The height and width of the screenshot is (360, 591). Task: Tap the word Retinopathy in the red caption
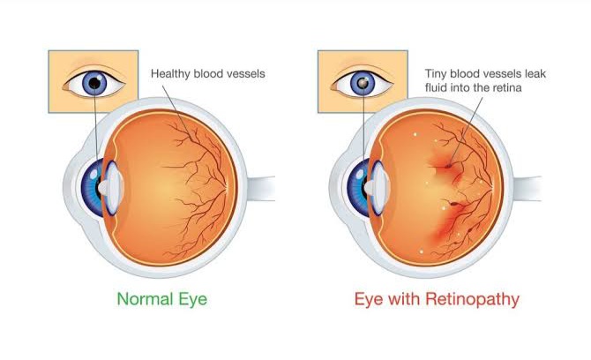[465, 300]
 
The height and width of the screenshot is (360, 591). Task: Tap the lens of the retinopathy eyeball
[375, 187]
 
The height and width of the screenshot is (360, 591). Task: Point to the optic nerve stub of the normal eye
[255, 187]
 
